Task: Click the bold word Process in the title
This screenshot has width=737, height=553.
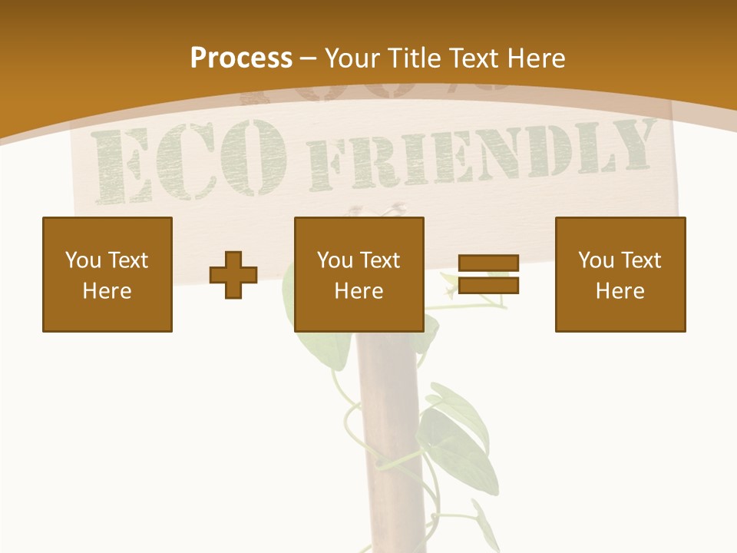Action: click(241, 58)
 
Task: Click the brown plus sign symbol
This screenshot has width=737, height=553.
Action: click(233, 274)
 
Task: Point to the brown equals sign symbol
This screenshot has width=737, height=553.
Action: click(489, 274)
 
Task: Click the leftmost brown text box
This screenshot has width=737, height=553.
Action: click(107, 274)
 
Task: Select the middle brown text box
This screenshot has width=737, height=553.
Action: click(359, 274)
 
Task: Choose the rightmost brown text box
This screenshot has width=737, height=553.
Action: click(620, 274)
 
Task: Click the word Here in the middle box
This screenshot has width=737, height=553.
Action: click(359, 291)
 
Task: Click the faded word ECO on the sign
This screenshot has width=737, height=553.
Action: click(188, 161)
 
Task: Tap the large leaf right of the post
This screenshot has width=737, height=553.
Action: click(461, 438)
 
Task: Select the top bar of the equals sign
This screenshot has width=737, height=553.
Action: click(489, 263)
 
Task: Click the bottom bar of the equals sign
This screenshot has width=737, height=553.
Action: click(489, 285)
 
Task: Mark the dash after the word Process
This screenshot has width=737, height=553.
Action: click(309, 58)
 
